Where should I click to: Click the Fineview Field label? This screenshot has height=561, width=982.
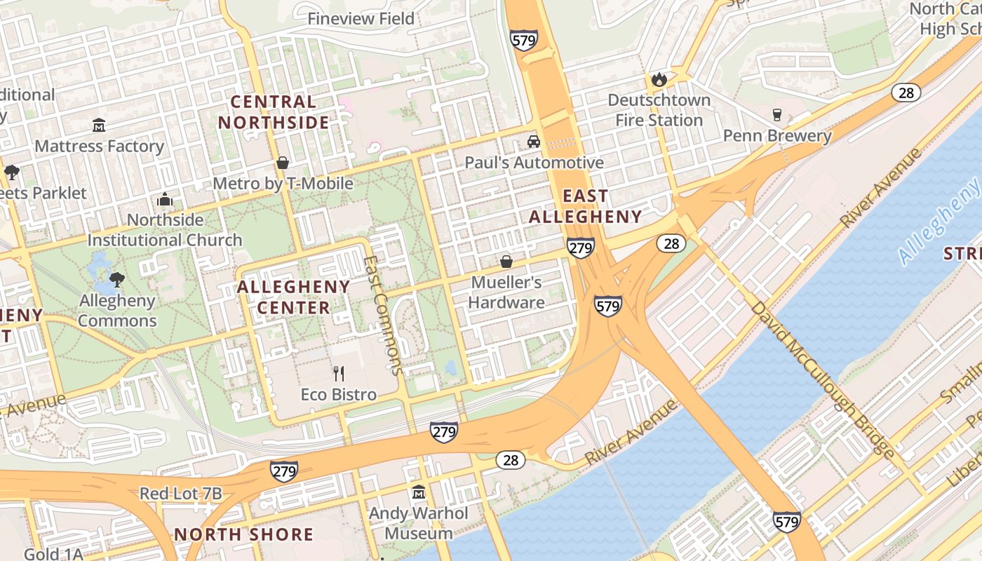tap(361, 19)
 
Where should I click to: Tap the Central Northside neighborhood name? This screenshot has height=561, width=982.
tap(274, 112)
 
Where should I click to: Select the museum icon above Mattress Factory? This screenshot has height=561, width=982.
tap(99, 126)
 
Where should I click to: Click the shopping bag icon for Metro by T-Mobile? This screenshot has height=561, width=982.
tap(283, 163)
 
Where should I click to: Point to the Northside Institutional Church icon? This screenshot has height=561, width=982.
tap(165, 200)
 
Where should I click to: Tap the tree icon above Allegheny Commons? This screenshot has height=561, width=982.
tap(117, 280)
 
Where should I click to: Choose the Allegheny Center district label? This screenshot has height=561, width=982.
tap(293, 297)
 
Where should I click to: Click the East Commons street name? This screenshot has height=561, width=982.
tap(384, 314)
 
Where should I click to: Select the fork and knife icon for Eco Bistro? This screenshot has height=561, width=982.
tap(339, 373)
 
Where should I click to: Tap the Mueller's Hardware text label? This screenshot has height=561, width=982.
tap(506, 292)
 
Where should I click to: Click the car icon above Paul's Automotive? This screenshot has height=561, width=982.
tap(534, 142)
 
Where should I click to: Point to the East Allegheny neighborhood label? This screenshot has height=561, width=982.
tap(585, 206)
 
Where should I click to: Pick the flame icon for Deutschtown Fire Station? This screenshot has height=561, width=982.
tap(659, 80)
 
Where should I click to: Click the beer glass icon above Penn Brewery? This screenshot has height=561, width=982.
tap(777, 115)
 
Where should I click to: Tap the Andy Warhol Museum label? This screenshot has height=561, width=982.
tap(419, 523)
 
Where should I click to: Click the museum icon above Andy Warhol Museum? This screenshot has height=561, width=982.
tap(419, 492)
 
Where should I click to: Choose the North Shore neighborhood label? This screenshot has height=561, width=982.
tap(243, 534)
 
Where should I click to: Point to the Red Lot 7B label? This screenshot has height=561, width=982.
tap(181, 494)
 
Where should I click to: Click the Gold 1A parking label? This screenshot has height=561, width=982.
tap(53, 554)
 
